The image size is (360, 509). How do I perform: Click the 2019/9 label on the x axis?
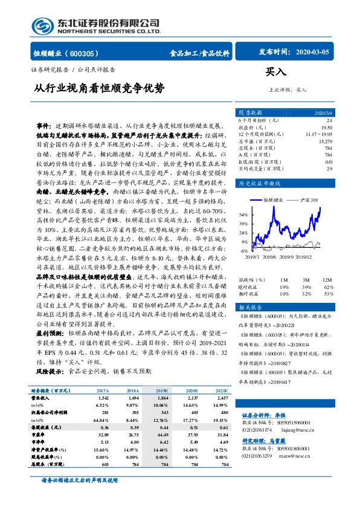298,256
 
